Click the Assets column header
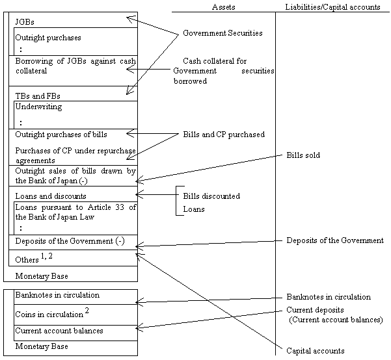223,6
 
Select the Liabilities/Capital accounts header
332,6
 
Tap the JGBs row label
25,22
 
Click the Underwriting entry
38,107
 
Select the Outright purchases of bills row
61,135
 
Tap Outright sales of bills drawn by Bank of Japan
75,175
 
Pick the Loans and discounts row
50,196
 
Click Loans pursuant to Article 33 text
75,211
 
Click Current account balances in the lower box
59,331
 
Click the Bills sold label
303,156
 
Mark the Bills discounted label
210,196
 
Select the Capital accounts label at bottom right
315,351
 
